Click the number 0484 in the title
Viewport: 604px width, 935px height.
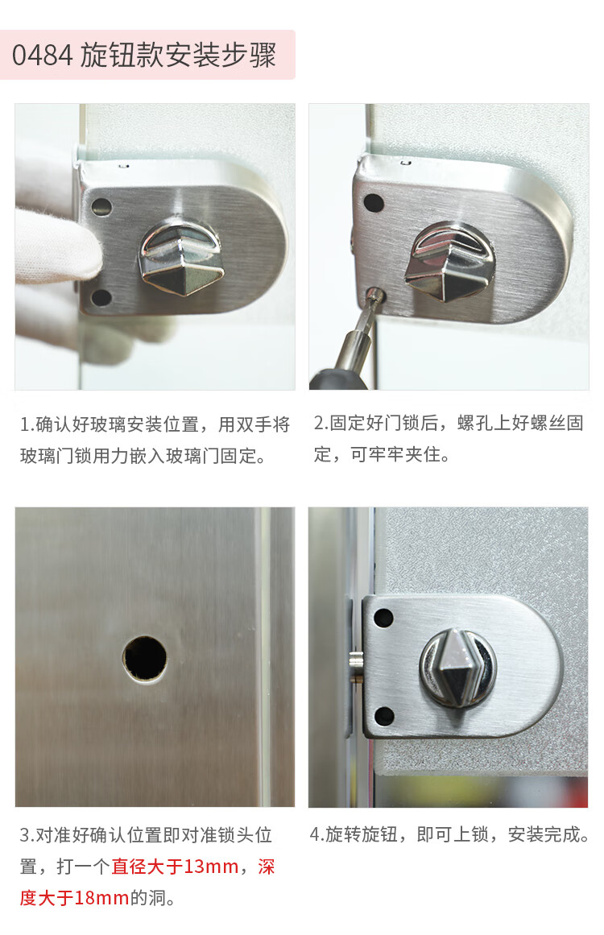pos(42,56)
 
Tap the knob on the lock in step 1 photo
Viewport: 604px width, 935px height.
pos(181,257)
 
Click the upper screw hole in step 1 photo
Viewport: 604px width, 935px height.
pos(101,208)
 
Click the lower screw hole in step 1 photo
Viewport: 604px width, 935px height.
pos(101,297)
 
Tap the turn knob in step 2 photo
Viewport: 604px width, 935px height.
pos(450,262)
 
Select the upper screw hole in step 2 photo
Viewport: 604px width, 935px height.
pos(374,202)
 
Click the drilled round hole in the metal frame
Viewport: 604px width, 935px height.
pos(145,659)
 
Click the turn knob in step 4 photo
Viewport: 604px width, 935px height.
pos(457,668)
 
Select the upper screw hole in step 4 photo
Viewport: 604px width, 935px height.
pos(383,618)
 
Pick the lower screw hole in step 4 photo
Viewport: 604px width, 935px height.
pos(383,716)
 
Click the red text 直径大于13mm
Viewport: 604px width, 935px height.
pos(176,867)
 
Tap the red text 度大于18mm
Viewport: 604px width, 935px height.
pos(75,897)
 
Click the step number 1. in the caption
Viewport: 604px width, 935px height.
pos(27,424)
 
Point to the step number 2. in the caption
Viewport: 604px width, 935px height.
pos(321,423)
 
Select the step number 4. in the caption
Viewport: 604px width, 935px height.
pos(316,834)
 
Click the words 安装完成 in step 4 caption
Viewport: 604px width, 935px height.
pos(544,834)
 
